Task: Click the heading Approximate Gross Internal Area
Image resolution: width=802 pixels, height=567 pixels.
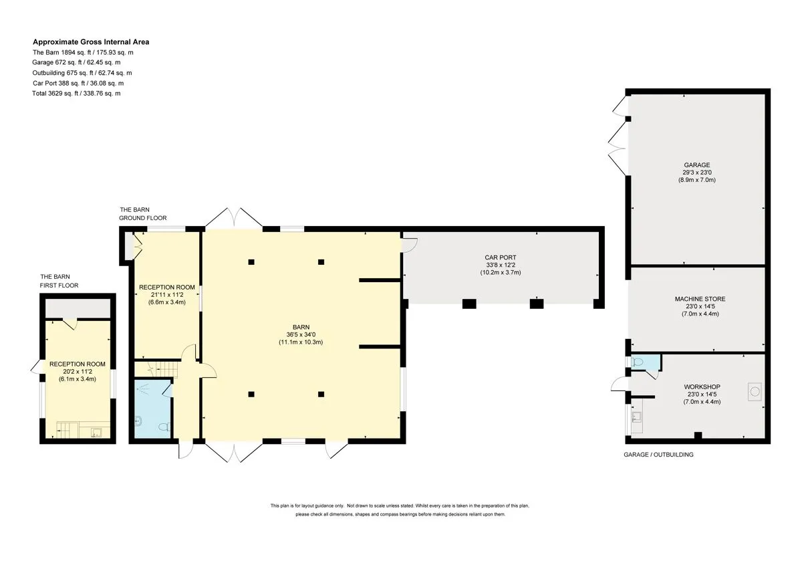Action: tap(91, 42)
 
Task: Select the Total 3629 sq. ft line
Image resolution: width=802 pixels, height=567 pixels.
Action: tap(76, 94)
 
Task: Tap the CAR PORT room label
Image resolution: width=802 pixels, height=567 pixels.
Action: tap(501, 265)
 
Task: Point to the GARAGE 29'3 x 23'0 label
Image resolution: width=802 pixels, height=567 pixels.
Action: tap(696, 173)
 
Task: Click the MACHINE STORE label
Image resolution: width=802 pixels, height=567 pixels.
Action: tap(700, 306)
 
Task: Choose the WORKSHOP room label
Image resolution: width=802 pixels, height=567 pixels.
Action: tap(702, 394)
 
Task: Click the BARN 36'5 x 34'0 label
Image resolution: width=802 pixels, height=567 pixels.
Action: tap(301, 334)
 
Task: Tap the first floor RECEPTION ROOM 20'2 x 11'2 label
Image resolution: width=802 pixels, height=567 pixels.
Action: tap(78, 372)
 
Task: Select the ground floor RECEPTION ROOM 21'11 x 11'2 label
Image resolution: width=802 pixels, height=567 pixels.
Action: tap(167, 294)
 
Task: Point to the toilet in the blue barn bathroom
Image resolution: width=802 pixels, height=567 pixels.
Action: tap(164, 427)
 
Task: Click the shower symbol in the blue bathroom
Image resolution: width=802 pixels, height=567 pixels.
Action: tap(144, 388)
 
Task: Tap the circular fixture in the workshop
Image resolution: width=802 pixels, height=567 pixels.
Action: tap(755, 392)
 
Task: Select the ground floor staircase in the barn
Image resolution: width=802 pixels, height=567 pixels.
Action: tap(164, 369)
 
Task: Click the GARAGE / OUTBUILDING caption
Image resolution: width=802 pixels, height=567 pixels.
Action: tap(658, 455)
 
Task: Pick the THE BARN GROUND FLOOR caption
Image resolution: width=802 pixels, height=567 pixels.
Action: tap(143, 214)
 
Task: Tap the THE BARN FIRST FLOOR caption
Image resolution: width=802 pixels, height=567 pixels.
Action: tap(59, 281)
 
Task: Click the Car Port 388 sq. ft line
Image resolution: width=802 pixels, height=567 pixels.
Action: tap(78, 83)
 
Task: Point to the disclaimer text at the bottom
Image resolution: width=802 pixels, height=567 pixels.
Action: tap(400, 510)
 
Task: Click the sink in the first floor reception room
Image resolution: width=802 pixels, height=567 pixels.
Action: tap(96, 433)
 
